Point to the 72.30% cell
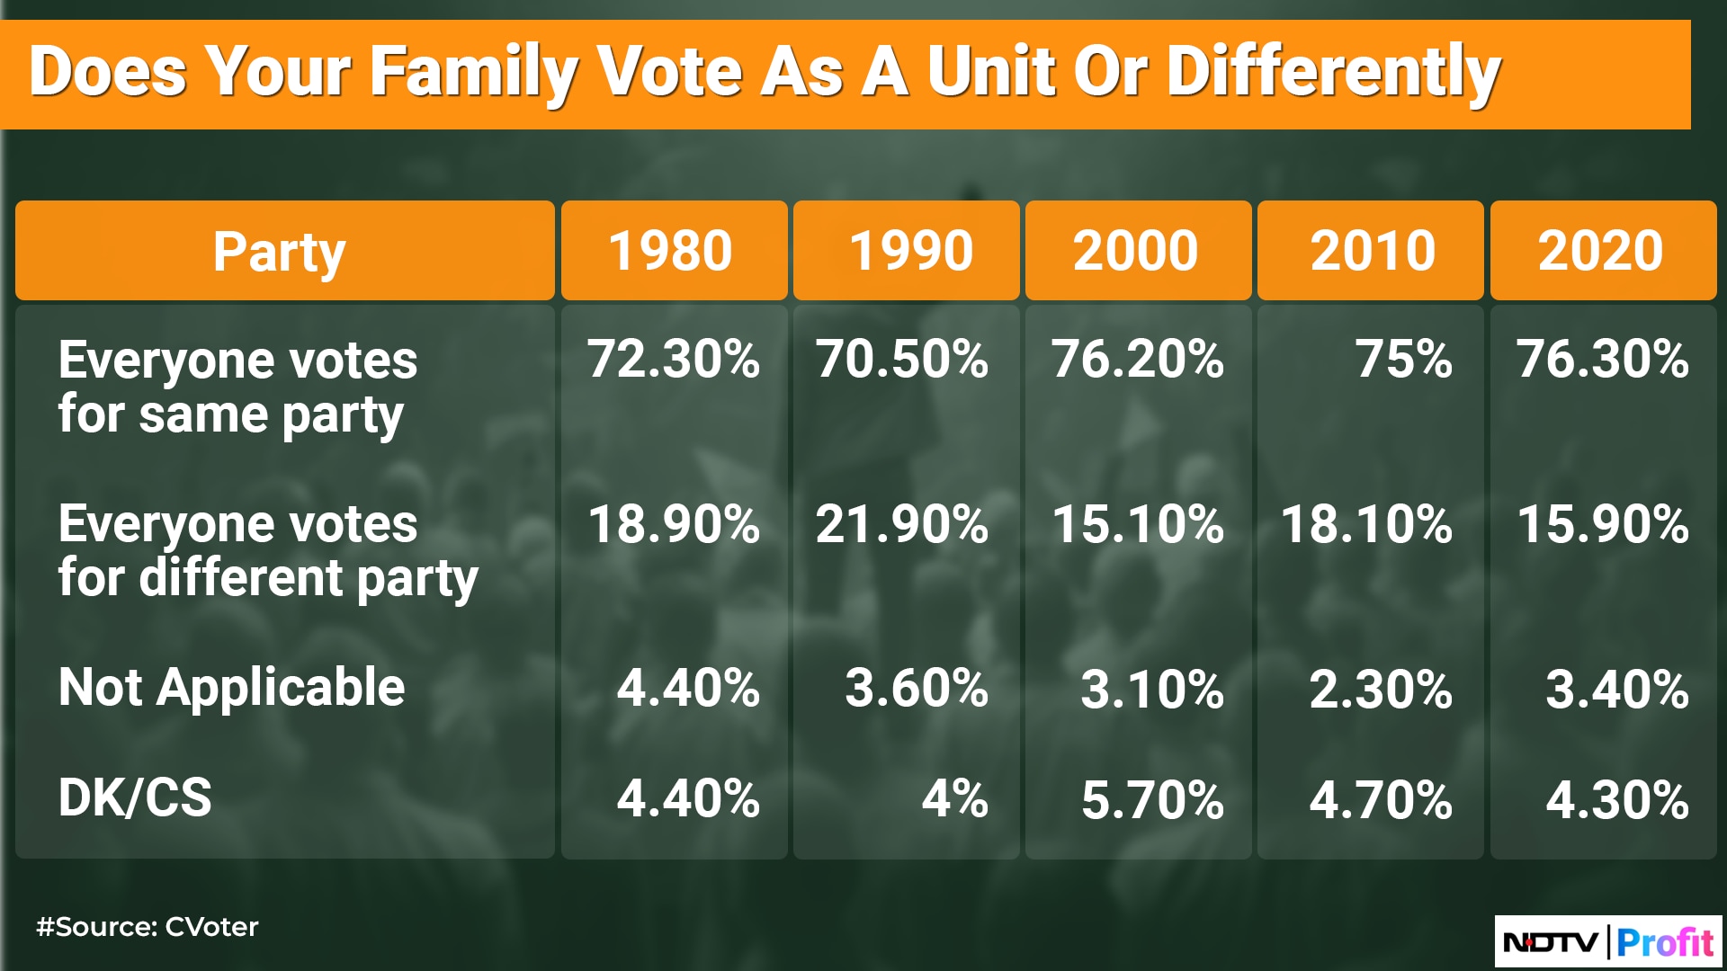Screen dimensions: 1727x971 674,359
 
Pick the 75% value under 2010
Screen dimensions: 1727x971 1403,359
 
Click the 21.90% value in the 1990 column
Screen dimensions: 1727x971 902,524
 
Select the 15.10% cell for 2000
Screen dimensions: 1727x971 1138,524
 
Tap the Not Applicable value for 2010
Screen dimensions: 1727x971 1381,690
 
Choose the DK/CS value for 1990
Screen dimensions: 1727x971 955,799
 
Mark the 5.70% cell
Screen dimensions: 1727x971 1153,799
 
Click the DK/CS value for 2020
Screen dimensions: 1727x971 1617,799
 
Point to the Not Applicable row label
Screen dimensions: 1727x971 231,688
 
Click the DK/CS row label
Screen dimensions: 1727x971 135,797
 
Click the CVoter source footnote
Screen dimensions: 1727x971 148,927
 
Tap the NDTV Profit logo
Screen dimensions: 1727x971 1607,942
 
